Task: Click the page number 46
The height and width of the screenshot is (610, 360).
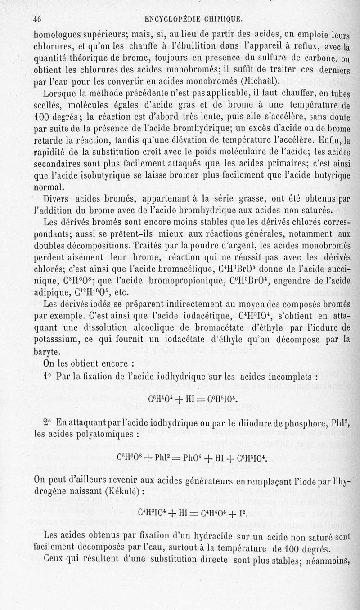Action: (36, 18)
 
